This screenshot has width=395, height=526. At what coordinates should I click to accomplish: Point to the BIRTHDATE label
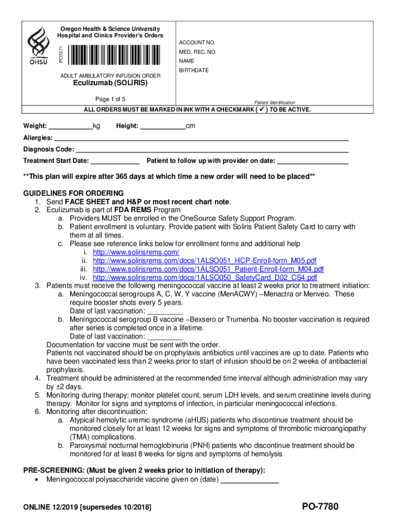194,70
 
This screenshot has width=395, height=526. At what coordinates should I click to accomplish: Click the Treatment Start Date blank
115,161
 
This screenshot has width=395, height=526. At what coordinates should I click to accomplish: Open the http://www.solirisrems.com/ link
136,252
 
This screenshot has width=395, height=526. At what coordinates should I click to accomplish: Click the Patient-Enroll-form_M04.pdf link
208,269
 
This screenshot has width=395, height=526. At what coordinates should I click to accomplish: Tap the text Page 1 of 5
110,99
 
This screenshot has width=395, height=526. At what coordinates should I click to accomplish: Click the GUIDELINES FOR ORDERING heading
73,193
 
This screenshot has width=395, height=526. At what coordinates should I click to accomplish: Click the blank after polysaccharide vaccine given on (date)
249,480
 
